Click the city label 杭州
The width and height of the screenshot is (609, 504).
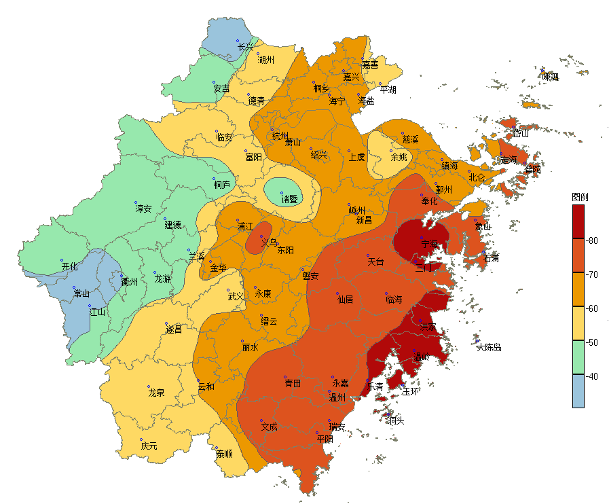point(280,136)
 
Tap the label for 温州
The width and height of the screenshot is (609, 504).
point(337,397)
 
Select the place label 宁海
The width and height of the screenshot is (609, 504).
point(430,244)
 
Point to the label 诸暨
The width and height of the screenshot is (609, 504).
point(289,199)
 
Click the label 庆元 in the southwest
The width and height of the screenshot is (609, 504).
point(149,446)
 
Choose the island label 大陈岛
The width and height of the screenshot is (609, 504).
point(488,347)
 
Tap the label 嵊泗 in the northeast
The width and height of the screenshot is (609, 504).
point(550,77)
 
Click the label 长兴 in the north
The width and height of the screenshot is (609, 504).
point(245,47)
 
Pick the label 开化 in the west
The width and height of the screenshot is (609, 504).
point(69,267)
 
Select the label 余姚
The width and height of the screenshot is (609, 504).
point(399,157)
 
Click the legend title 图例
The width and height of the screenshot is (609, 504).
point(580,197)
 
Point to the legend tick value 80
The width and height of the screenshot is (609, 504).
point(592,240)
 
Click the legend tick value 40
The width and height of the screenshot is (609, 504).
point(592,376)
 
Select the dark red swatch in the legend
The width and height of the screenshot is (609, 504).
point(578,221)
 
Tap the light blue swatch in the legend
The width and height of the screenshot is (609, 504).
point(578,391)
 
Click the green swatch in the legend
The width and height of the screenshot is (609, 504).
point(578,357)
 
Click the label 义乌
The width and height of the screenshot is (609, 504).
point(269,242)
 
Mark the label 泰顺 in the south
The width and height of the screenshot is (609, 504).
point(224,454)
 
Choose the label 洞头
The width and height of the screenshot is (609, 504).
point(396,420)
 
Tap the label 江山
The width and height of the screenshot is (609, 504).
point(97,312)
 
